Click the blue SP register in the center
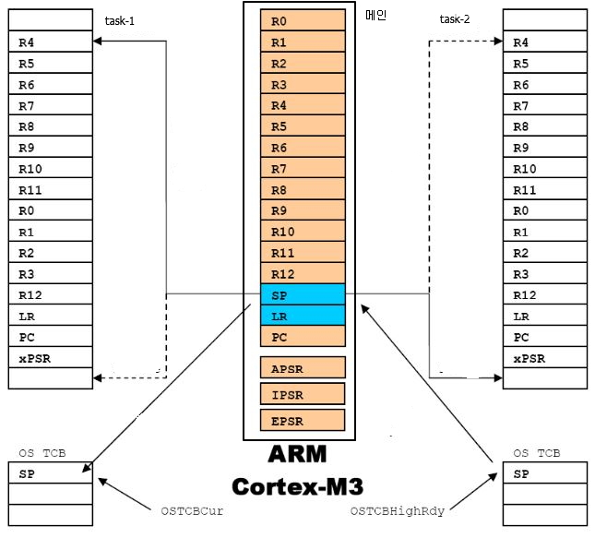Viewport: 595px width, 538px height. pos(303,294)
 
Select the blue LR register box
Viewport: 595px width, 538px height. pos(303,316)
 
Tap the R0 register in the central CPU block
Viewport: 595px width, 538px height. pos(303,21)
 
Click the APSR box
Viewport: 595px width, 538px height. pos(303,367)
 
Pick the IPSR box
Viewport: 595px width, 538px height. pos(303,394)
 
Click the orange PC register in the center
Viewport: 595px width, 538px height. pos(303,337)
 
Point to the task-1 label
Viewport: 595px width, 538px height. pos(119,20)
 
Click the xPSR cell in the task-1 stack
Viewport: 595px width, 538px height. pos(51,358)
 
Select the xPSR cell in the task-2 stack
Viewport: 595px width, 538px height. pos(544,358)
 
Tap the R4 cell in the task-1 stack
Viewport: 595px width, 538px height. pos(51,42)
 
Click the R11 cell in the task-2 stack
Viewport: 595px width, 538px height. pos(544,189)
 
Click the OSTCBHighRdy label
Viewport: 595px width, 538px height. pos(399,509)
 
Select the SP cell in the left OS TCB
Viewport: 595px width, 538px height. pos(51,473)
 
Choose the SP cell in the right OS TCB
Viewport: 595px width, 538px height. pos(544,473)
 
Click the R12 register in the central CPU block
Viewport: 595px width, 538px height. pos(303,274)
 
